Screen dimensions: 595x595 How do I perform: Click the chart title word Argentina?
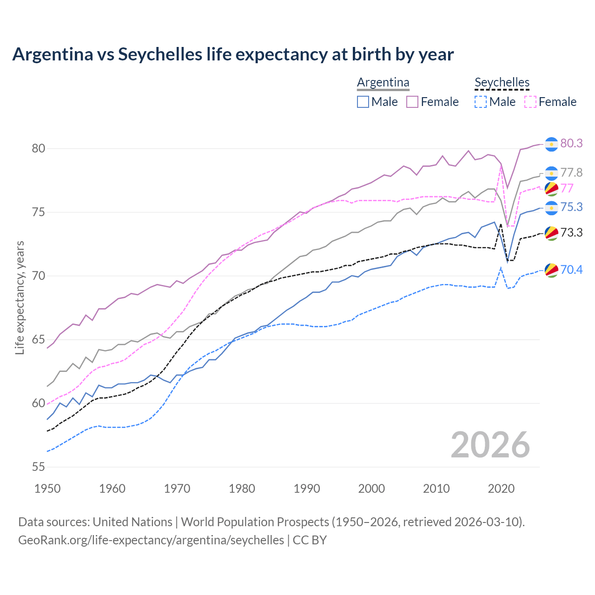click(53, 54)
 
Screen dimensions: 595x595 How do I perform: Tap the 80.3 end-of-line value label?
click(571, 143)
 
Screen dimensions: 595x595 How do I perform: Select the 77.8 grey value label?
click(571, 173)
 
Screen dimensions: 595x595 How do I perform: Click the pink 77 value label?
click(567, 188)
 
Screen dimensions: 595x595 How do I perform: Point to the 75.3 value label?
click(571, 207)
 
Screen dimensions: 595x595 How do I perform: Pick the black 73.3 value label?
click(571, 232)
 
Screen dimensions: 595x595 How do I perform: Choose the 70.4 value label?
click(571, 270)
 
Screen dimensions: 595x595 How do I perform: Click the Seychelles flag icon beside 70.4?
click(551, 270)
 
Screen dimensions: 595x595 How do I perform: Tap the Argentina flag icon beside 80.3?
click(551, 144)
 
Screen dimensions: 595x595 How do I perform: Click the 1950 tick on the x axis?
click(47, 489)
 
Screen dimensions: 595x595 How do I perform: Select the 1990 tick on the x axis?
click(307, 489)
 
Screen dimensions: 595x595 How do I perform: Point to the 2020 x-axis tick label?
click(501, 489)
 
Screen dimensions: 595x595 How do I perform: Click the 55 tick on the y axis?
click(38, 467)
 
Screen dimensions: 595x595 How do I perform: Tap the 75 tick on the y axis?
click(38, 212)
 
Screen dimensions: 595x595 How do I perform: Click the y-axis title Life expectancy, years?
click(20, 297)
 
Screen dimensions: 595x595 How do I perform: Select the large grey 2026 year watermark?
click(490, 445)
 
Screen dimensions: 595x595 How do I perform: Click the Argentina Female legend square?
click(412, 102)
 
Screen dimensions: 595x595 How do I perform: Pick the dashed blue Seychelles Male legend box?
click(481, 102)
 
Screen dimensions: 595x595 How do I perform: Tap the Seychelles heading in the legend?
click(502, 83)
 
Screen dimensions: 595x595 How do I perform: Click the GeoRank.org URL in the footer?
click(151, 540)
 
